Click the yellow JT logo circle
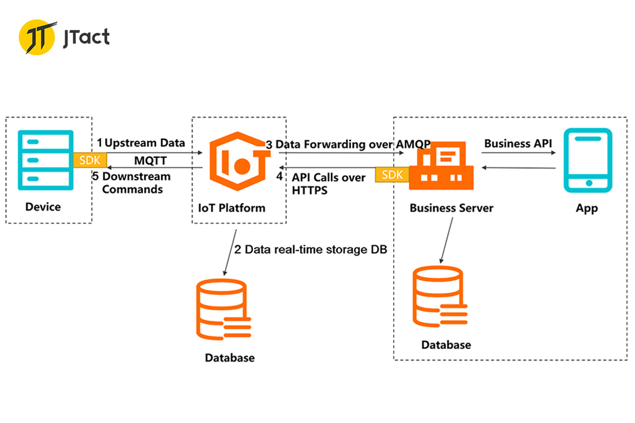[x=37, y=37]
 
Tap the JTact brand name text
[x=86, y=38]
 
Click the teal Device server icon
[x=46, y=160]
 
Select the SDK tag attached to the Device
[x=90, y=160]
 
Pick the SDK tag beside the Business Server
[x=392, y=174]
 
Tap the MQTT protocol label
[x=151, y=161]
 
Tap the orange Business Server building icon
[x=441, y=166]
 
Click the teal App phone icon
[x=588, y=160]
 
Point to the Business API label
[x=518, y=144]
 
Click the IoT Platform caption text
[x=232, y=208]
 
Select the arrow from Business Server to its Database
[x=447, y=240]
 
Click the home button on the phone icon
[x=589, y=183]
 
